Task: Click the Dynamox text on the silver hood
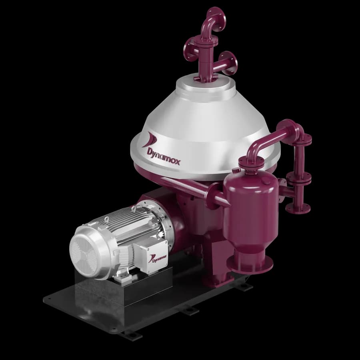(164, 156)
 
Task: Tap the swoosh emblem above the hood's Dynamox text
(150, 139)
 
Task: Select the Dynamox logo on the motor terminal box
(158, 258)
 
